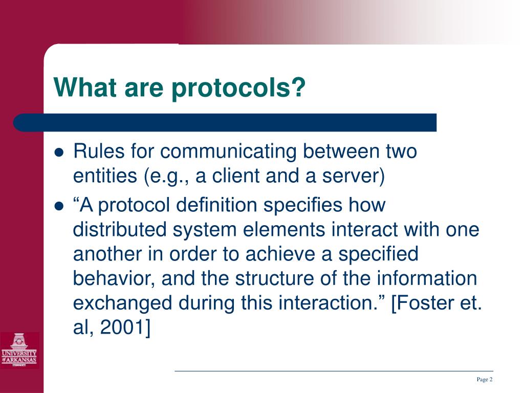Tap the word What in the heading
84,88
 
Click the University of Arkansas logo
19,350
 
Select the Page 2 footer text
484,379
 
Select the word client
236,176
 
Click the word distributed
120,230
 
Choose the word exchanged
123,303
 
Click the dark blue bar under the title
225,123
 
